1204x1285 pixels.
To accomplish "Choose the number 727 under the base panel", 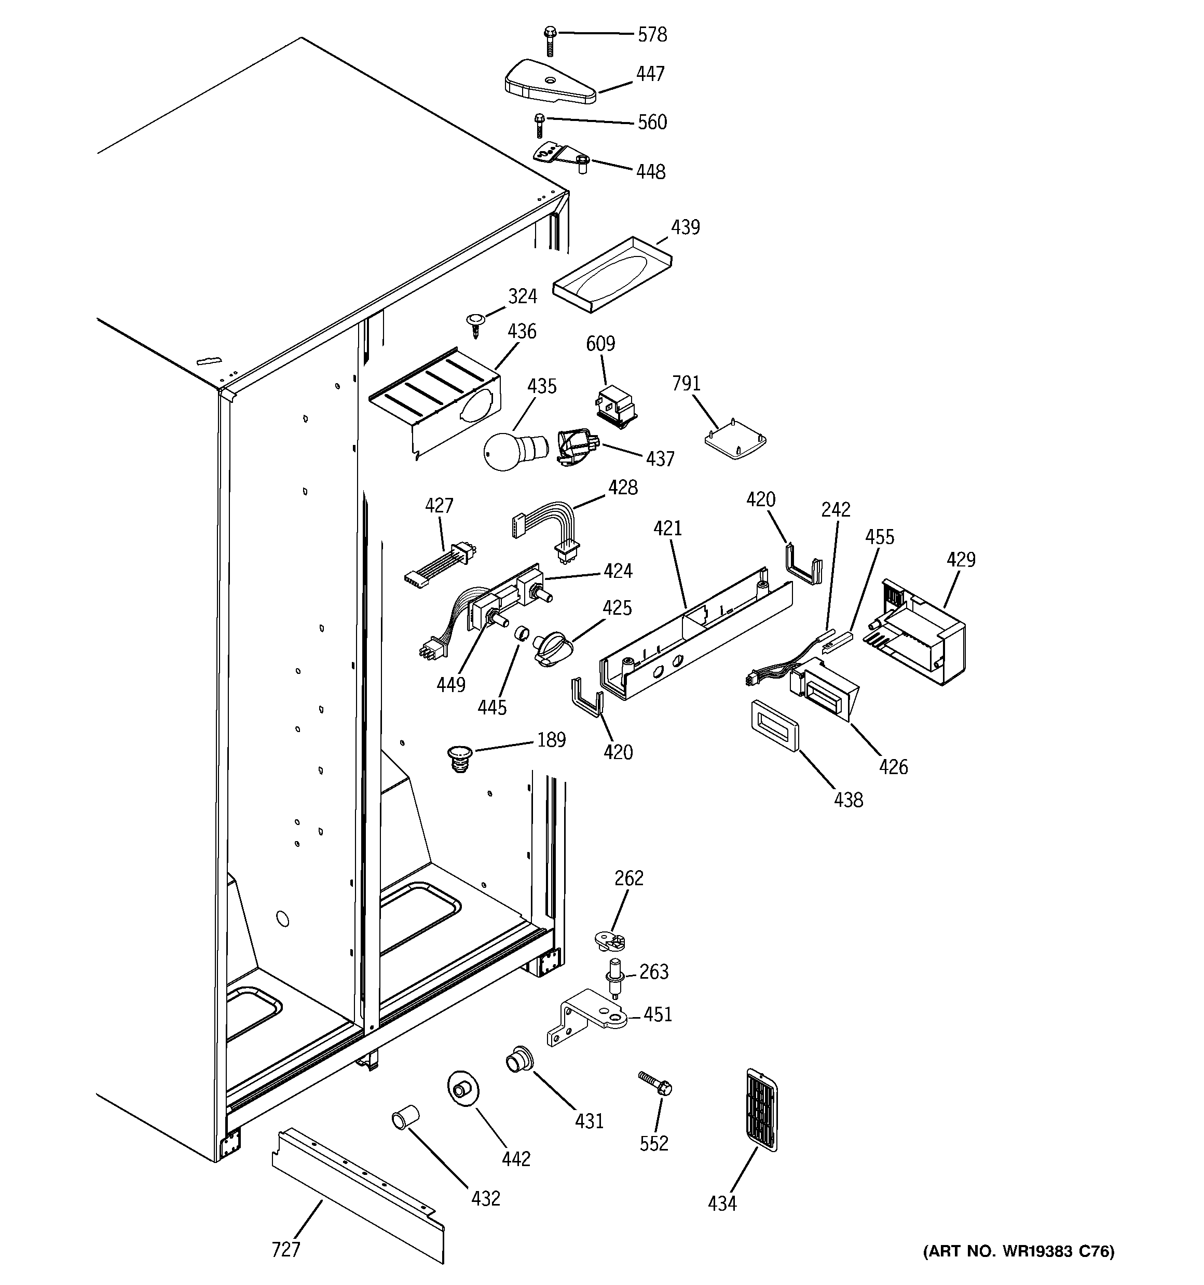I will click(x=285, y=1250).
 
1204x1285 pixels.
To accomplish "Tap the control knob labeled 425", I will click(x=551, y=648).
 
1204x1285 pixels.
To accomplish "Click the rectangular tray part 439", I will click(x=611, y=274).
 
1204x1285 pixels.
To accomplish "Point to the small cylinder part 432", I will click(x=405, y=1117).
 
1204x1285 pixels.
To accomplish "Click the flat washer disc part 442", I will click(x=463, y=1091).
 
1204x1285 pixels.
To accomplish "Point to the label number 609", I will click(x=600, y=343).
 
